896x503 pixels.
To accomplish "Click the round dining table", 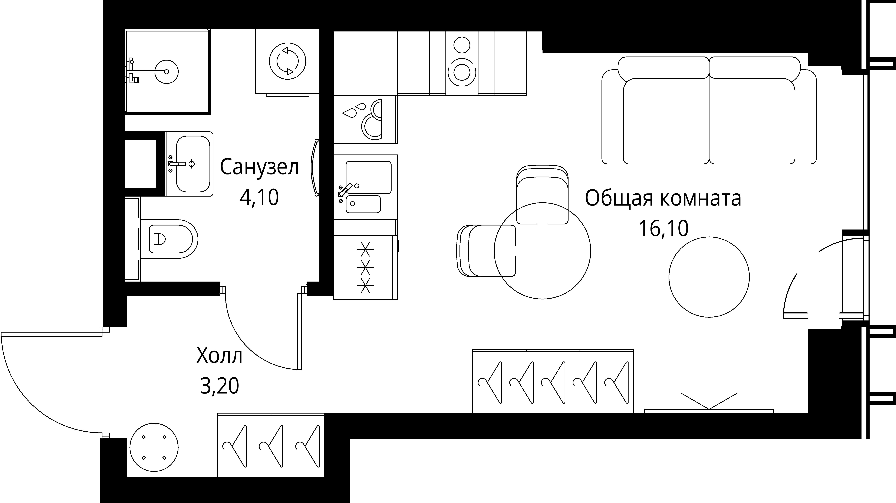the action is point(542,251).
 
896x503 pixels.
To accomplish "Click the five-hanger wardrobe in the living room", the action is point(553,381).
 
